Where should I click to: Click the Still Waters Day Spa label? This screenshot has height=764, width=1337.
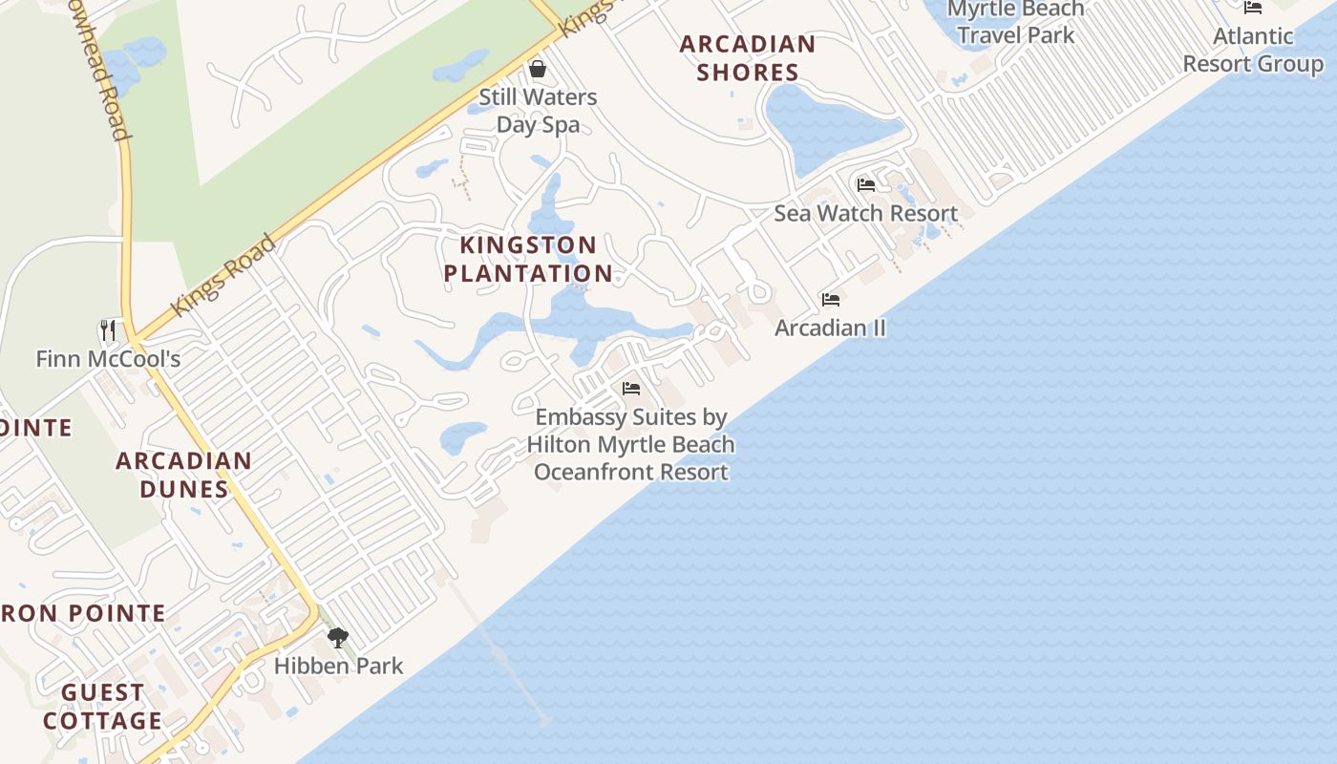point(538,111)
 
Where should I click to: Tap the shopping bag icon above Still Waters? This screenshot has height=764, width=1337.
point(538,69)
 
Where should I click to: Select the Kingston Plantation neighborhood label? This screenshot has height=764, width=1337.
point(528,259)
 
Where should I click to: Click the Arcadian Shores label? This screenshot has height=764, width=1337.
point(748,58)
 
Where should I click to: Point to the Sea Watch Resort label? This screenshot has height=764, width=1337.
point(865,213)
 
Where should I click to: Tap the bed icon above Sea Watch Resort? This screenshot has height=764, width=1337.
point(866,184)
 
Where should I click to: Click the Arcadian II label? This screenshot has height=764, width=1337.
point(830,328)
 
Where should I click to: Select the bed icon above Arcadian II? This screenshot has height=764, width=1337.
point(831,300)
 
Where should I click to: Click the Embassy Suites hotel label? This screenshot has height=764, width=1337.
point(631,444)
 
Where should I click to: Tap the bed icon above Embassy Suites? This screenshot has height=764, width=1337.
point(631,389)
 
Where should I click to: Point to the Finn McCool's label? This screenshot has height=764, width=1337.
point(108,359)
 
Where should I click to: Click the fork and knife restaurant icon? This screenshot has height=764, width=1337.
point(108,330)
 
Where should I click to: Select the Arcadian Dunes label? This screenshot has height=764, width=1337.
point(184,475)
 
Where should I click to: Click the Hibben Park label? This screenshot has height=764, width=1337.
point(339,666)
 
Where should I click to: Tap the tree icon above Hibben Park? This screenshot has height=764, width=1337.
point(337,638)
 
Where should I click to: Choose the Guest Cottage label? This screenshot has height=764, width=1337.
point(103,706)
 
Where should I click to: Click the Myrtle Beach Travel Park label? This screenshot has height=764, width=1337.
point(1016,23)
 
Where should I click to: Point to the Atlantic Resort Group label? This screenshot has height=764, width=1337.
point(1253,50)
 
